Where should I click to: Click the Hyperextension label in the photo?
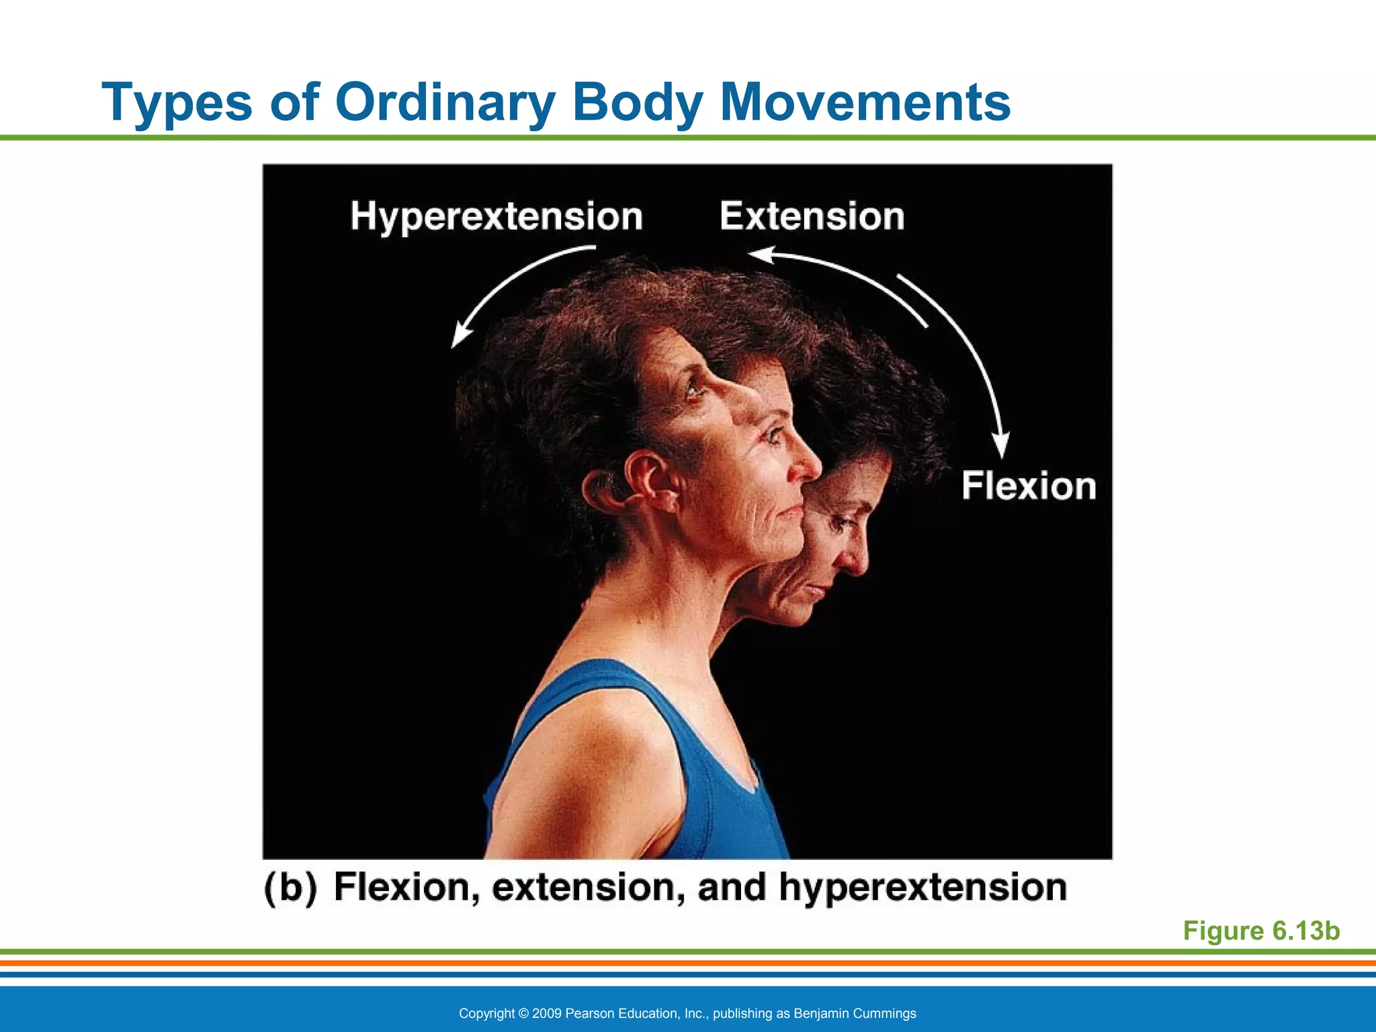[497, 217]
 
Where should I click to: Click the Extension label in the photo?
[812, 216]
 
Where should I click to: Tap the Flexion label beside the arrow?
[1029, 486]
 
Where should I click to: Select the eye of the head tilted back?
[693, 388]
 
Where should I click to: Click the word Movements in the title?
[865, 102]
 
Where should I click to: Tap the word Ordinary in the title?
[445, 102]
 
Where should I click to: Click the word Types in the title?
[177, 102]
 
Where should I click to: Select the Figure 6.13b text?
[1261, 931]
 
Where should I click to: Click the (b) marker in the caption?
[290, 888]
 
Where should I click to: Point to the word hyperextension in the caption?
[922, 888]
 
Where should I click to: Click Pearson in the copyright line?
[589, 1013]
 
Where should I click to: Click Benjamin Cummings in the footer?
[855, 1013]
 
